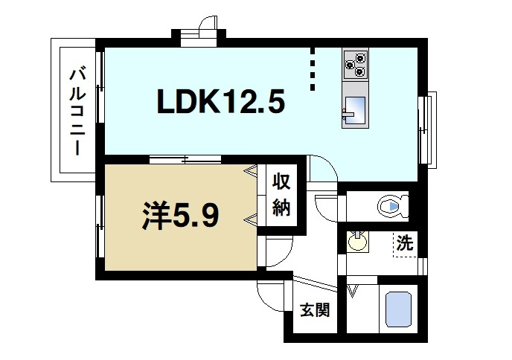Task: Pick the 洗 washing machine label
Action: point(404,242)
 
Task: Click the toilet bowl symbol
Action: point(391,205)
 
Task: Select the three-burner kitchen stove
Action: point(356,62)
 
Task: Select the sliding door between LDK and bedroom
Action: point(185,158)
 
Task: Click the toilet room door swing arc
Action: point(326,206)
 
